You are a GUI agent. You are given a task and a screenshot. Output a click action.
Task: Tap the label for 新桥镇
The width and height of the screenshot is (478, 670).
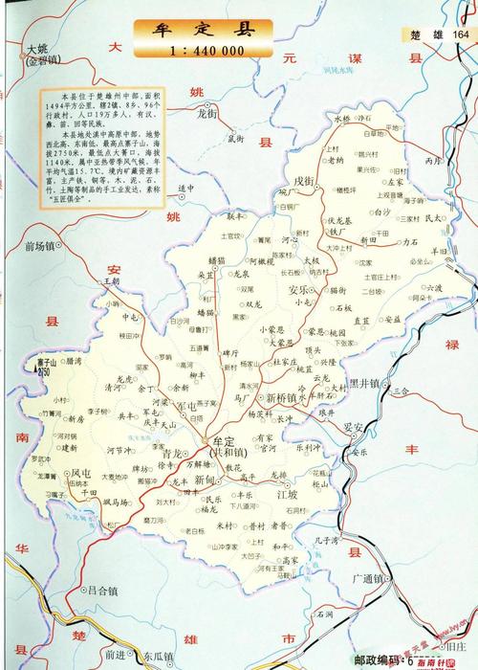coord(283,396)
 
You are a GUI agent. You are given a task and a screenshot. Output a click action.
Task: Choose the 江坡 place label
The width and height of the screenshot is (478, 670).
coord(287,495)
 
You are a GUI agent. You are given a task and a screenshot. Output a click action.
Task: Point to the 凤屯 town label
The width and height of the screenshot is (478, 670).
coord(81,473)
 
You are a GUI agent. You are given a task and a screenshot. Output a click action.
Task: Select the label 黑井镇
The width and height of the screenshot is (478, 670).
coord(365,382)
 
